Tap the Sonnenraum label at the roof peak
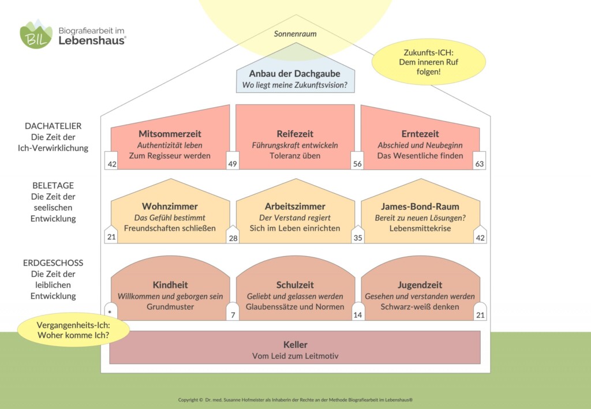(x=295, y=34)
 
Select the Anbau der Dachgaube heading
(x=295, y=74)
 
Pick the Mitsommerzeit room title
(x=170, y=134)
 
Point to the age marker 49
(x=233, y=164)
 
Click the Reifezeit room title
(x=295, y=134)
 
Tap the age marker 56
(x=357, y=164)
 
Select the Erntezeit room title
(x=420, y=134)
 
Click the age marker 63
(x=480, y=164)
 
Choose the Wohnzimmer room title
(x=170, y=207)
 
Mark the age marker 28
(x=233, y=238)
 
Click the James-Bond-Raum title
(x=420, y=207)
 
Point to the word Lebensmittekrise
(x=420, y=228)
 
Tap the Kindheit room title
(x=170, y=285)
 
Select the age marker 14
(x=357, y=315)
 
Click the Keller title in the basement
(x=295, y=345)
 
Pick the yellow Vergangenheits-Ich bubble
(x=73, y=329)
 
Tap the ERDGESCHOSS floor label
(x=53, y=263)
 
